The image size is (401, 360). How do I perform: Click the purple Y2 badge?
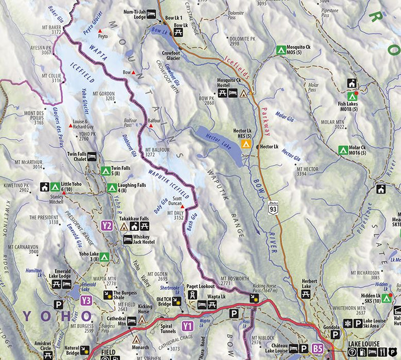click(107, 226)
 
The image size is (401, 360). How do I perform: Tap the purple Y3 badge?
click(86, 300)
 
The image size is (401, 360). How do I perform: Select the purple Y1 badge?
click(188, 326)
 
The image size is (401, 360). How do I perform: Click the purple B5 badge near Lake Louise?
click(317, 349)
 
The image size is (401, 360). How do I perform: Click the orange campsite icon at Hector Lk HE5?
click(245, 145)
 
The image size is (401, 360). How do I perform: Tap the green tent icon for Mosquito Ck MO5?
click(281, 50)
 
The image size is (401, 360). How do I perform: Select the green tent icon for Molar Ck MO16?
click(343, 150)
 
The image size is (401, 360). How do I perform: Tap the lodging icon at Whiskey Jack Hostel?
click(128, 240)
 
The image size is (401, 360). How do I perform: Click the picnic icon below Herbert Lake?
click(305, 294)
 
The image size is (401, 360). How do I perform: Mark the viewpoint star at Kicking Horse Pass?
click(255, 299)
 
